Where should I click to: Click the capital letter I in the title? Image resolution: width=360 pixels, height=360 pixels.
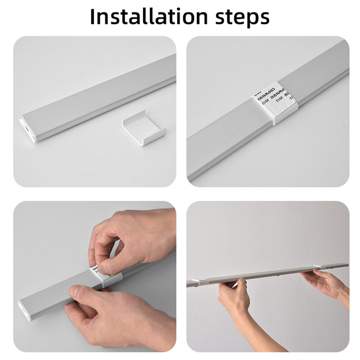[x=93, y=17]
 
